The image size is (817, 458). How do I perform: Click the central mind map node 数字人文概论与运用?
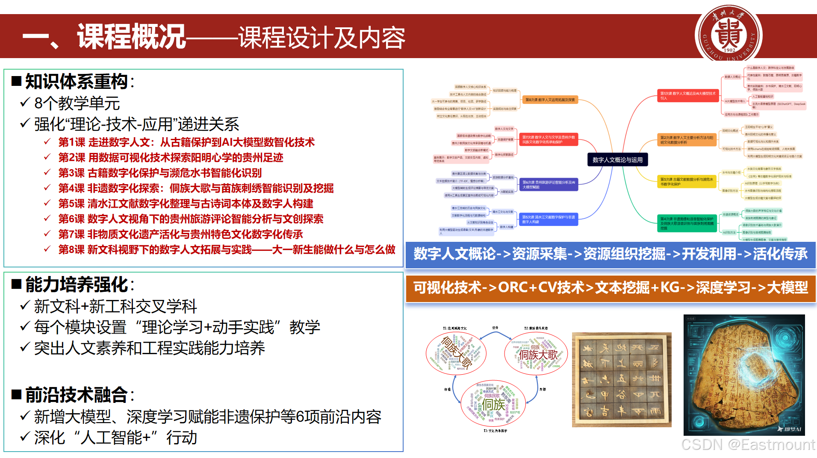[x=617, y=160]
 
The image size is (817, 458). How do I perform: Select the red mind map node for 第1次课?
[x=687, y=96]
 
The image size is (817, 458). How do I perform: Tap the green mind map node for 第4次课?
[x=687, y=223]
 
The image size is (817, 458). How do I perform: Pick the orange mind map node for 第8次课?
[x=550, y=100]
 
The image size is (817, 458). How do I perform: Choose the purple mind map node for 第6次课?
[x=549, y=185]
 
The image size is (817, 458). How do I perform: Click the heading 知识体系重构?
[x=76, y=82]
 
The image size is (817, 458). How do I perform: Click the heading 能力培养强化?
[x=76, y=285]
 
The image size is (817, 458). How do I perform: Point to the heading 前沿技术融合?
[x=76, y=395]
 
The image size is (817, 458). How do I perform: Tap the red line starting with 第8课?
[x=227, y=250]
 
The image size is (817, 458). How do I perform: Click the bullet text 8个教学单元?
[x=77, y=103]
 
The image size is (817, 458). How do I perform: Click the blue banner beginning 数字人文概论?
[x=611, y=254]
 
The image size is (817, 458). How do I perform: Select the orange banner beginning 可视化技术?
[x=611, y=288]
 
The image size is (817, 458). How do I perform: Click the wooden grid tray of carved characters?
[x=622, y=380]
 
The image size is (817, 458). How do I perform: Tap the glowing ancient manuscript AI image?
[x=744, y=375]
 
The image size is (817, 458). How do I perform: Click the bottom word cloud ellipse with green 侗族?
[x=493, y=403]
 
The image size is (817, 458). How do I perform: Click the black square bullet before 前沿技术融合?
[x=17, y=394]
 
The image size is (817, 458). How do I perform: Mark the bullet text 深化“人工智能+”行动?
[x=115, y=437]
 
